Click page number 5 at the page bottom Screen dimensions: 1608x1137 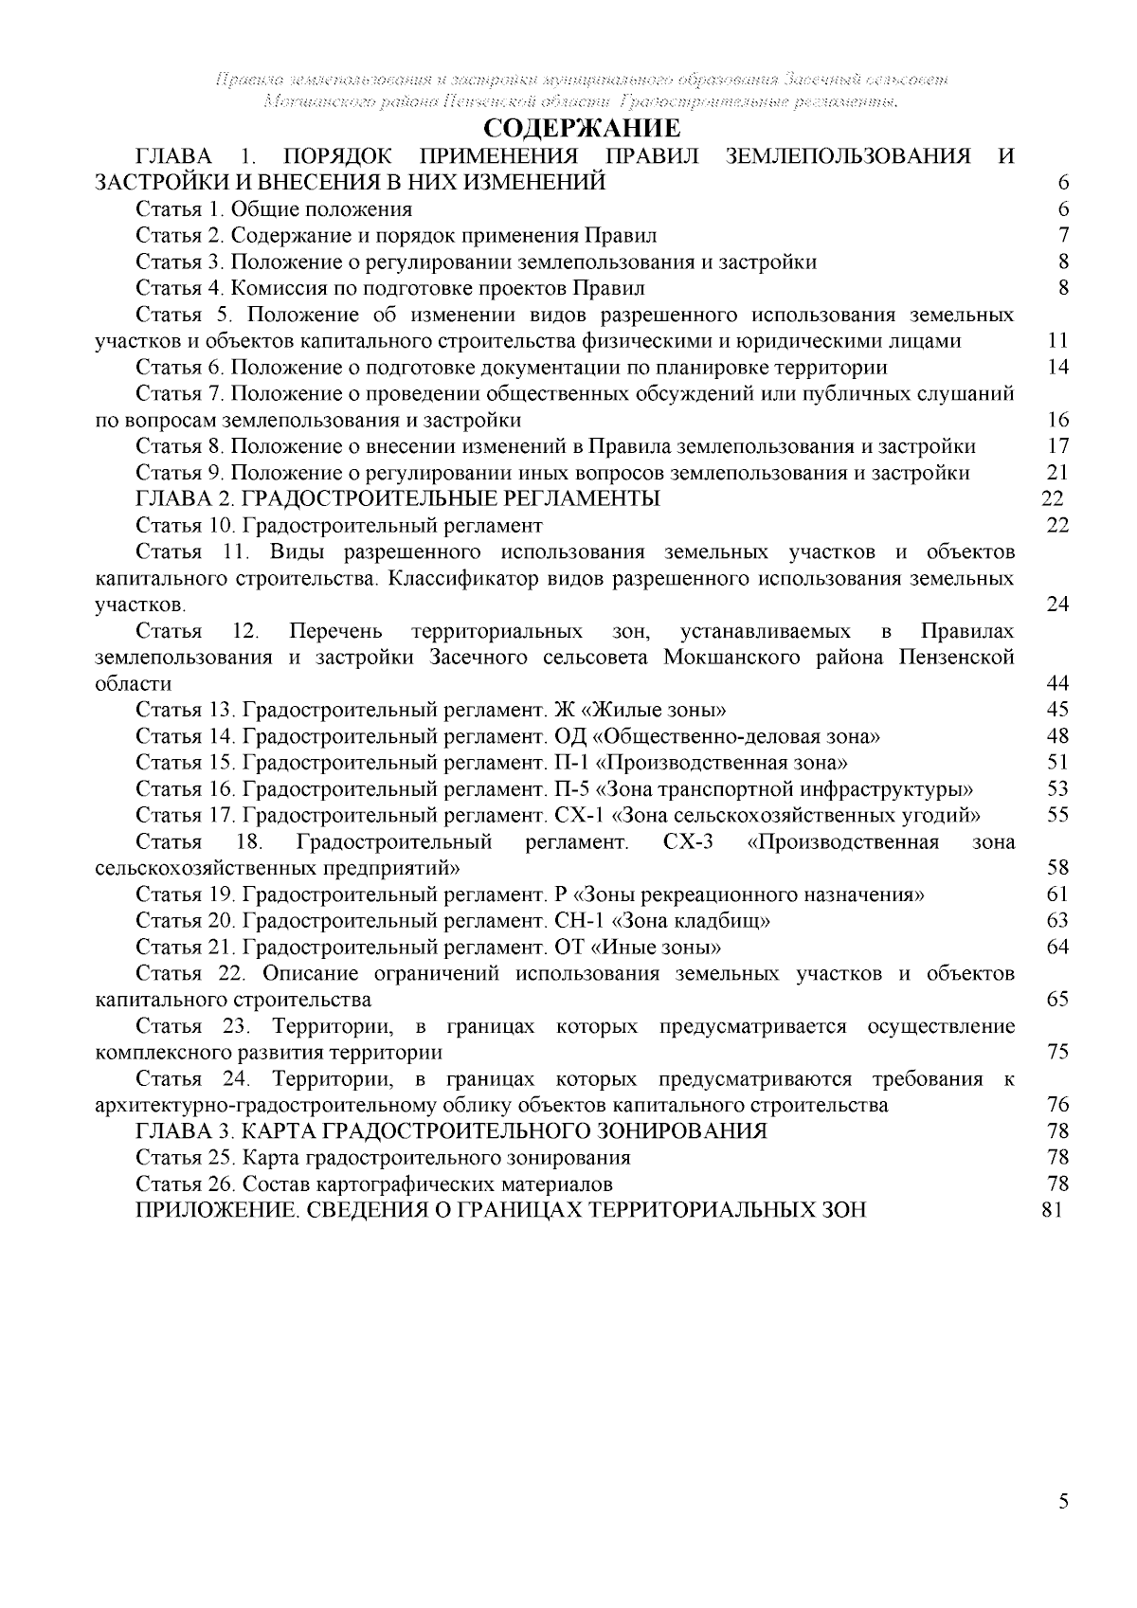pos(1063,1527)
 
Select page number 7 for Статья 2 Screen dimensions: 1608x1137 pos(1063,235)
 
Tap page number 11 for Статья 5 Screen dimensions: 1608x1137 pos(1058,341)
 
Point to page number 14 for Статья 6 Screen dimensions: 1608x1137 pos(1058,368)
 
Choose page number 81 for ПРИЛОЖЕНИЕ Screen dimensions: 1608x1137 pos(1052,1210)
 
